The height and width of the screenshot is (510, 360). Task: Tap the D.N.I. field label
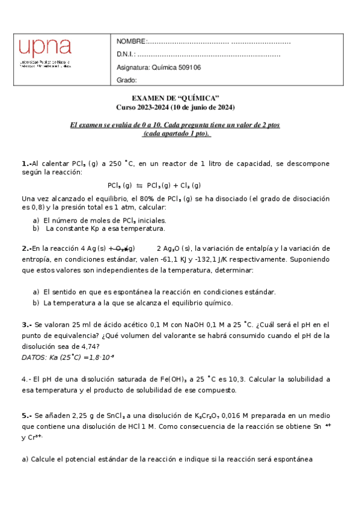(x=126, y=55)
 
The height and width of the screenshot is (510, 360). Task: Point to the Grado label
(x=127, y=80)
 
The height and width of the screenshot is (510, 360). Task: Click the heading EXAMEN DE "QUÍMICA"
(x=175, y=98)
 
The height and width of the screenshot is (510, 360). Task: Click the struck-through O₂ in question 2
(x=122, y=248)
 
